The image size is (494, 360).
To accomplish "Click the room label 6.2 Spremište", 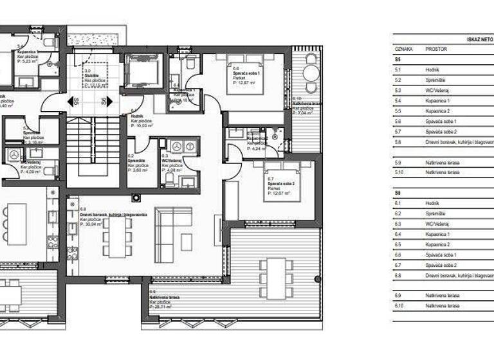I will [137, 159].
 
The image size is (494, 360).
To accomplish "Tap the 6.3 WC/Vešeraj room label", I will [172, 159].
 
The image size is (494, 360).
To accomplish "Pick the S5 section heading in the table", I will [398, 59].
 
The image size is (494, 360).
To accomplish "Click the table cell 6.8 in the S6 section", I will [398, 276].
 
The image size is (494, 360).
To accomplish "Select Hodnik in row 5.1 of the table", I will [432, 69].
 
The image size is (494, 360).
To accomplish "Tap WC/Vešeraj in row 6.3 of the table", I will [437, 224].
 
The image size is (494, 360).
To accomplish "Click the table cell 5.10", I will [399, 172].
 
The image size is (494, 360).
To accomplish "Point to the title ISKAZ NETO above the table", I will [479, 39].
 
